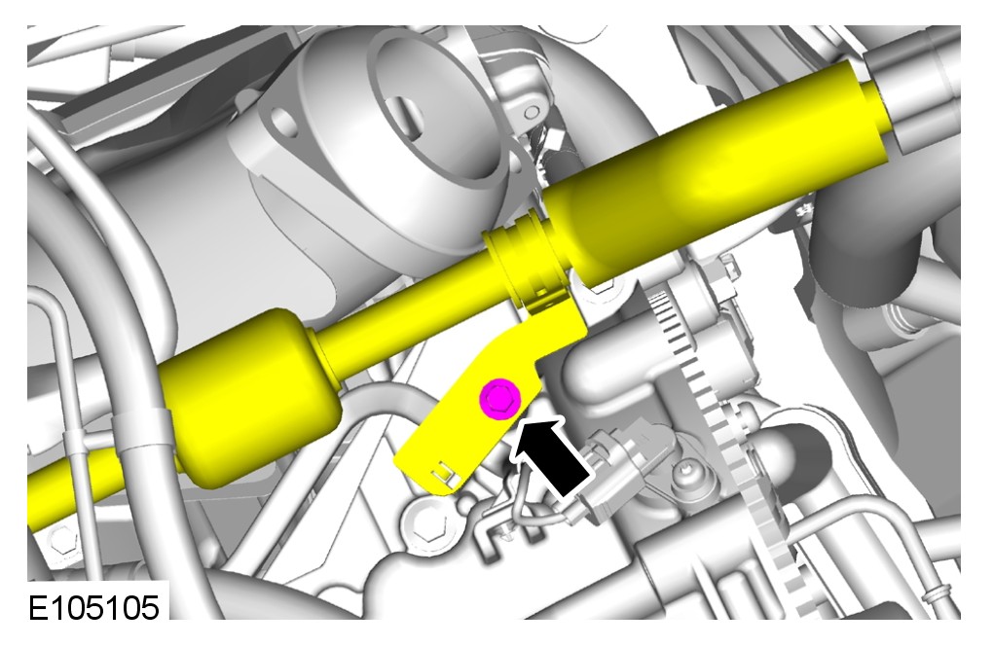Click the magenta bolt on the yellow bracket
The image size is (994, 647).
point(500,399)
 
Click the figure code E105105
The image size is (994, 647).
point(93,608)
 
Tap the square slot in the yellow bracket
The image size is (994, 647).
point(445,472)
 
